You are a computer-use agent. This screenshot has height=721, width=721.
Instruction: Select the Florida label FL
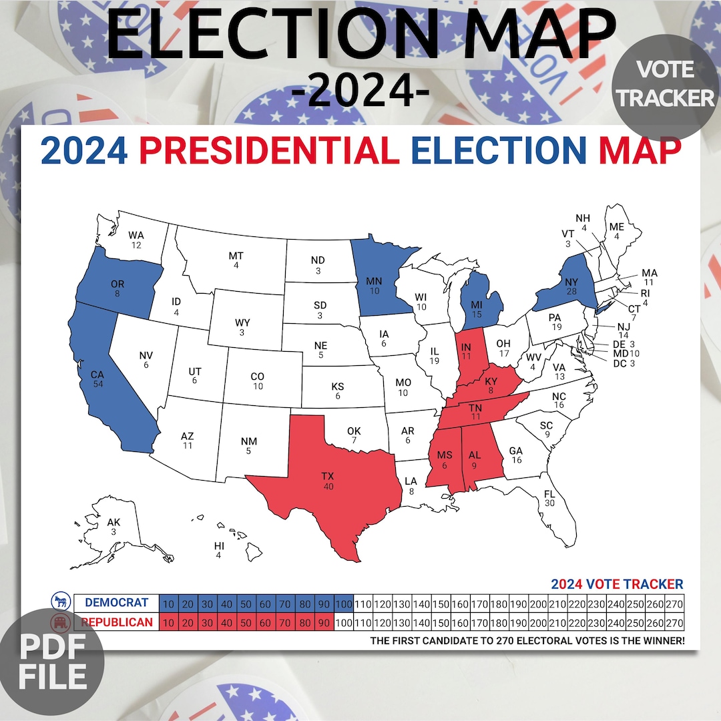[x=549, y=494]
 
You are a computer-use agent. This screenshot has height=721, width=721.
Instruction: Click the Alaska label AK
[x=113, y=522]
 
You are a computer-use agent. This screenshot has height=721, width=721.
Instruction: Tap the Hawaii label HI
[x=219, y=546]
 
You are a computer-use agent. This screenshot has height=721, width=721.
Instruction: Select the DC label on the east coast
[x=620, y=364]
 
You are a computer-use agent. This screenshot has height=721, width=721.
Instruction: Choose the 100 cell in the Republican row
[x=344, y=623]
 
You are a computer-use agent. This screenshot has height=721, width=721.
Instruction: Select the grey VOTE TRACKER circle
[x=665, y=84]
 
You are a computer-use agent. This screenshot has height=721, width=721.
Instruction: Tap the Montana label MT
[x=236, y=256]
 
